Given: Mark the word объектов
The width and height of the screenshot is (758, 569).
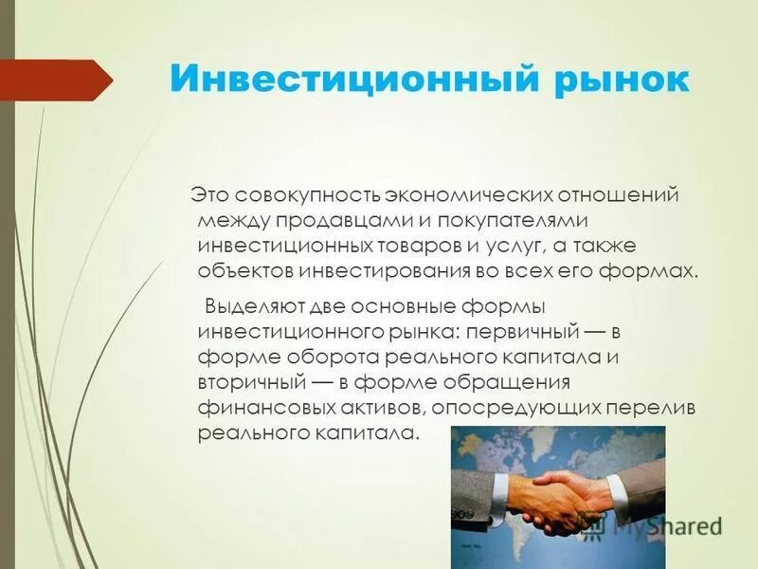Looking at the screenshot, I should pos(244,270).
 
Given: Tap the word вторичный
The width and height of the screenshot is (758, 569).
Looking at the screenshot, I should pos(251,383).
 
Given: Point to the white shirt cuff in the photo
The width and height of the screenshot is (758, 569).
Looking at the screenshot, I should pos(617,493).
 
